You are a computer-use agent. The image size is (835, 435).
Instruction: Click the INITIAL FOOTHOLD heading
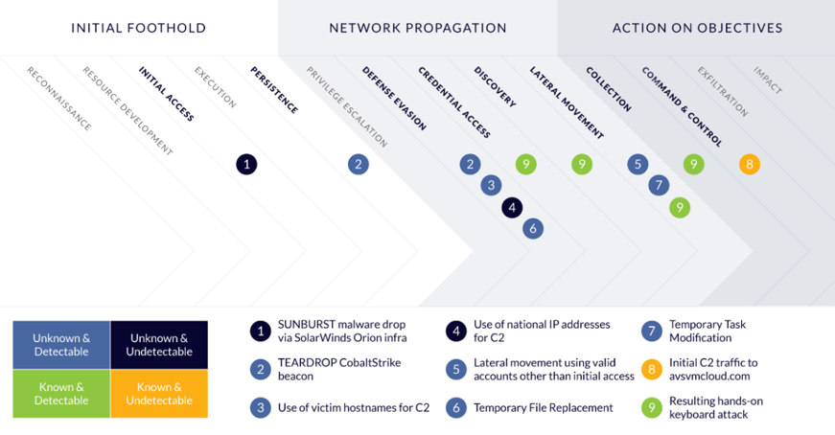tap(138, 28)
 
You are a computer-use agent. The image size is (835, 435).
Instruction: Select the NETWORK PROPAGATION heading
tap(418, 28)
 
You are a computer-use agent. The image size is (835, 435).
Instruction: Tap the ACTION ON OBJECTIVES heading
tap(698, 28)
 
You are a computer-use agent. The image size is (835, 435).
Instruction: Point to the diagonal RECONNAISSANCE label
tap(59, 99)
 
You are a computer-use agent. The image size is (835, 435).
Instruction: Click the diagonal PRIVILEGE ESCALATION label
tap(347, 106)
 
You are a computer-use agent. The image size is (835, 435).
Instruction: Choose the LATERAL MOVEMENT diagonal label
tap(567, 103)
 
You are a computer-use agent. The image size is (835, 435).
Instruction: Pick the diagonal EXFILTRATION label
tap(723, 92)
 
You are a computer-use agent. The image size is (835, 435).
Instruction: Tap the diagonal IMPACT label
tap(767, 80)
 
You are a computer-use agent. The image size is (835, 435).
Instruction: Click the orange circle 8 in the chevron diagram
tap(750, 165)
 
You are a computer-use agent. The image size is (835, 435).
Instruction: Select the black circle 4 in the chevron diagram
tap(512, 208)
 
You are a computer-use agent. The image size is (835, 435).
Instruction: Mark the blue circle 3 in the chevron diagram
tap(491, 185)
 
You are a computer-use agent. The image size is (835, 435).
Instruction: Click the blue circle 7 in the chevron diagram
tap(659, 185)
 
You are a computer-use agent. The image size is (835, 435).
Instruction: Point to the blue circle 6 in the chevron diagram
tap(533, 229)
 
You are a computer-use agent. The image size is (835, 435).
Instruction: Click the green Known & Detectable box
tap(61, 394)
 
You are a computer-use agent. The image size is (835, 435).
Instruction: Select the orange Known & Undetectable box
tap(159, 394)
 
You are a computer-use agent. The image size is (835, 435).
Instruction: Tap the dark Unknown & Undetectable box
tap(159, 345)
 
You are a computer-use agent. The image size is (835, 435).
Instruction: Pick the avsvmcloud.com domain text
tap(709, 376)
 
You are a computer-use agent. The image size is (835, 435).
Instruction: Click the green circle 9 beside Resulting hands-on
tap(652, 408)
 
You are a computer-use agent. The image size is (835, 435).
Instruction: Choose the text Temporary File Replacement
tap(544, 408)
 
